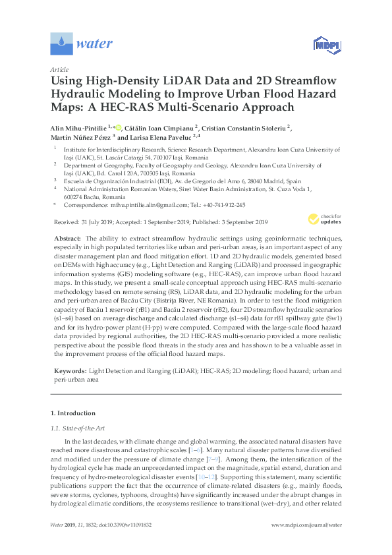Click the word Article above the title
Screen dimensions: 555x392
click(x=59, y=69)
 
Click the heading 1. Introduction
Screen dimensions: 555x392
click(x=73, y=413)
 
